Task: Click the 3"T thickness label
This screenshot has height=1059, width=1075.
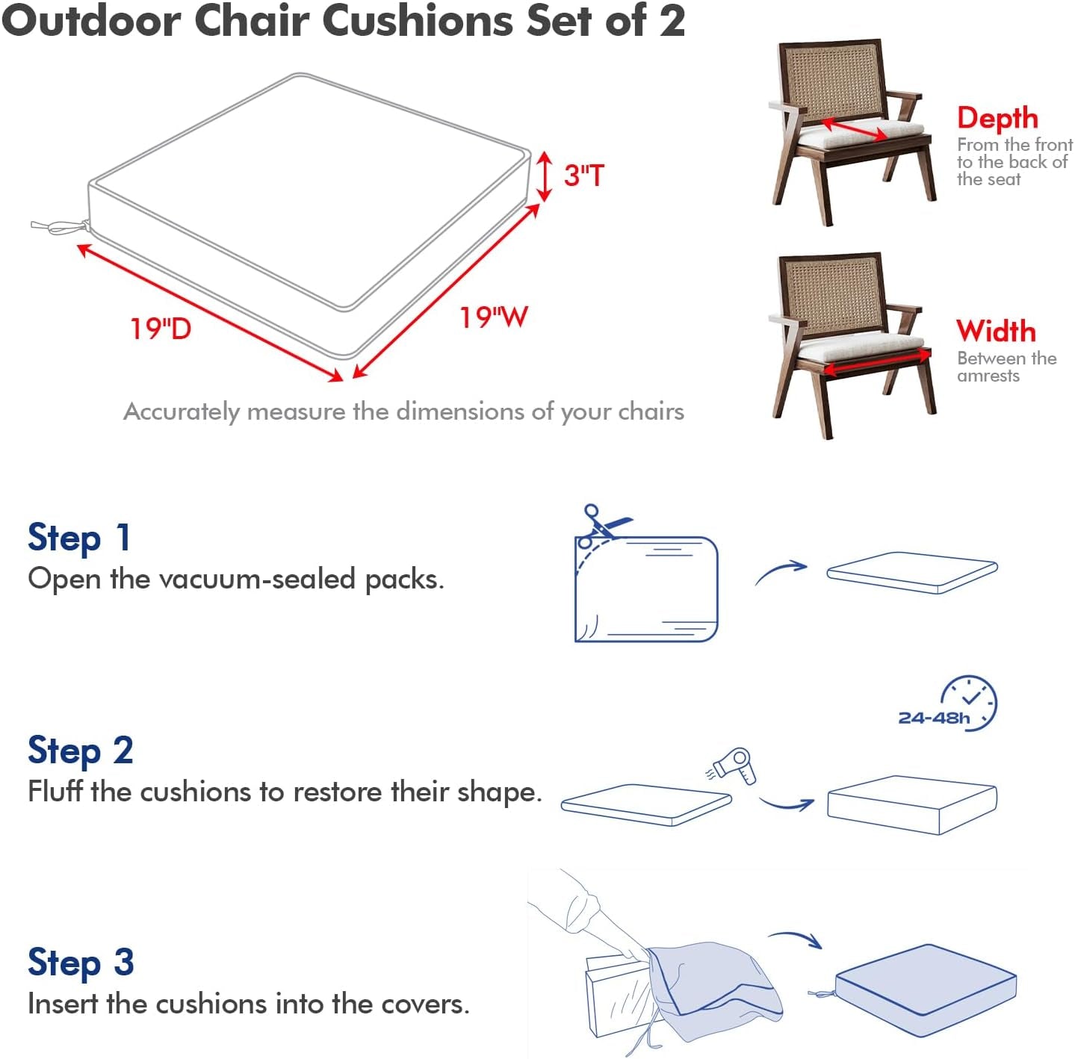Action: pyautogui.click(x=583, y=176)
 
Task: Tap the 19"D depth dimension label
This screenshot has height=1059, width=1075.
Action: pyautogui.click(x=161, y=329)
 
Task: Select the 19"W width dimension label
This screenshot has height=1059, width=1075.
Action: pyautogui.click(x=493, y=317)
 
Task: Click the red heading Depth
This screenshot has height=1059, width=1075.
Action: pyautogui.click(x=997, y=118)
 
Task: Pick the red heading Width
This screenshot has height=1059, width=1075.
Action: pyautogui.click(x=996, y=331)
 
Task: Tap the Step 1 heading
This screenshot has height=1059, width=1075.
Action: pyautogui.click(x=79, y=538)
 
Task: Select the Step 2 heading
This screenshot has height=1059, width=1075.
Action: pyautogui.click(x=81, y=751)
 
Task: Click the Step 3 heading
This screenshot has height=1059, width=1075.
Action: pyautogui.click(x=81, y=963)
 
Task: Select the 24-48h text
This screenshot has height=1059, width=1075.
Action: pyautogui.click(x=933, y=718)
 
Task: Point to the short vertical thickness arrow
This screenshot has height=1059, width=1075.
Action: pyautogui.click(x=545, y=176)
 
